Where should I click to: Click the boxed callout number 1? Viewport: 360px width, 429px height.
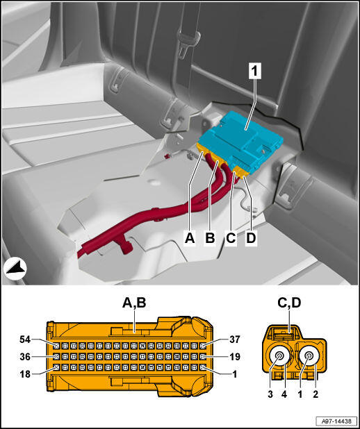255,71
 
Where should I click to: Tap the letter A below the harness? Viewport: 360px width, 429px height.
190,238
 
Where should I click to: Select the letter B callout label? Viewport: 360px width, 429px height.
210,238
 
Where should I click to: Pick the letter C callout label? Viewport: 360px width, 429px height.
231,238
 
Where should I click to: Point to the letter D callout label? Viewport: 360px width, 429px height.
251,238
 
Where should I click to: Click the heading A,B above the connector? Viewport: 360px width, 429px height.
134,303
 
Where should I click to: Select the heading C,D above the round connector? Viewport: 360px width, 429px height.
289,303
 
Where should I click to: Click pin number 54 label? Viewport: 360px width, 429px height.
25,339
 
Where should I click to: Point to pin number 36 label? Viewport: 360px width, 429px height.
25,357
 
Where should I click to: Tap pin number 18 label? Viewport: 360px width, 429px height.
25,374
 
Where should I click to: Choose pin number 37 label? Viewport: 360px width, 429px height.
234,339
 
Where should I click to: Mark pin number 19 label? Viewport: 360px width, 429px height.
234,357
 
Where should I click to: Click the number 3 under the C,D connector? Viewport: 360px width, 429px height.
270,394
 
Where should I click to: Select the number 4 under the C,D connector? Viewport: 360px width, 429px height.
284,394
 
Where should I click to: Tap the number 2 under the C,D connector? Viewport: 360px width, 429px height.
316,394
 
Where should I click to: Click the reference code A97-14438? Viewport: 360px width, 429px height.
336,421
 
